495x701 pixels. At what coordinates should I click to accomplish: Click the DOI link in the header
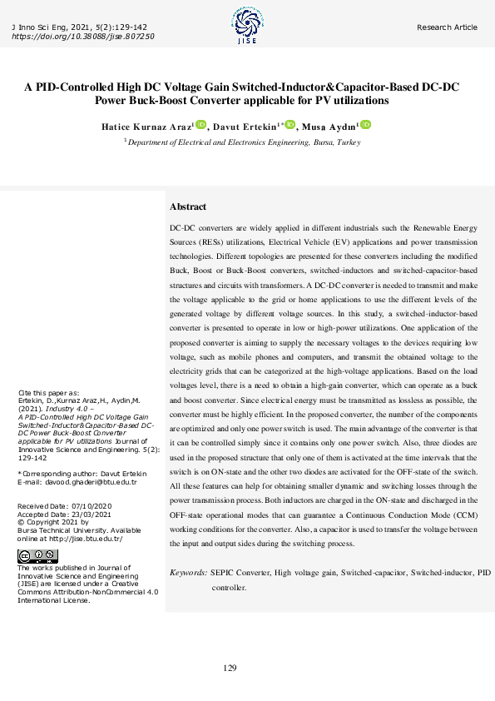(x=84, y=37)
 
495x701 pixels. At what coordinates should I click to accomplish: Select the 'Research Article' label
(x=448, y=27)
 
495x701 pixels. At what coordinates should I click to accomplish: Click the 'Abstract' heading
(x=188, y=206)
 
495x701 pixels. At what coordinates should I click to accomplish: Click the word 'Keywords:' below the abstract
(x=188, y=574)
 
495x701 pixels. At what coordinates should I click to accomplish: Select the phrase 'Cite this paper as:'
(x=49, y=393)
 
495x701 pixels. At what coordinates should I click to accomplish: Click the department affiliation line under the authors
(x=242, y=143)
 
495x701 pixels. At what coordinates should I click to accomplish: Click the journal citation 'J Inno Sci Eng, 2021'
(x=49, y=27)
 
